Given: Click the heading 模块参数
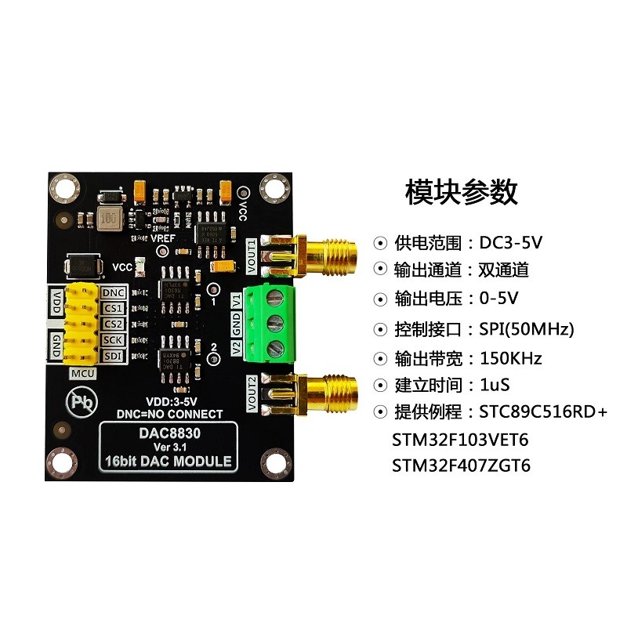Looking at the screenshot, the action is [x=461, y=190].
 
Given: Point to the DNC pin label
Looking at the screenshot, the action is [x=111, y=292].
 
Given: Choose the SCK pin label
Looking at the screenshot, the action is [x=111, y=339].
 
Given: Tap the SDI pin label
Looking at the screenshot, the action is [x=111, y=355].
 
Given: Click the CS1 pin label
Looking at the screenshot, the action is [x=111, y=308].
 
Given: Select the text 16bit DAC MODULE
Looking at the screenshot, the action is [x=168, y=461].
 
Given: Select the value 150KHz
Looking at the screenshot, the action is [x=510, y=358].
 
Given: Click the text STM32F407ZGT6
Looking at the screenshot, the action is [x=462, y=466].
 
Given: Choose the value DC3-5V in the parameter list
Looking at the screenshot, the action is [x=510, y=242].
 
